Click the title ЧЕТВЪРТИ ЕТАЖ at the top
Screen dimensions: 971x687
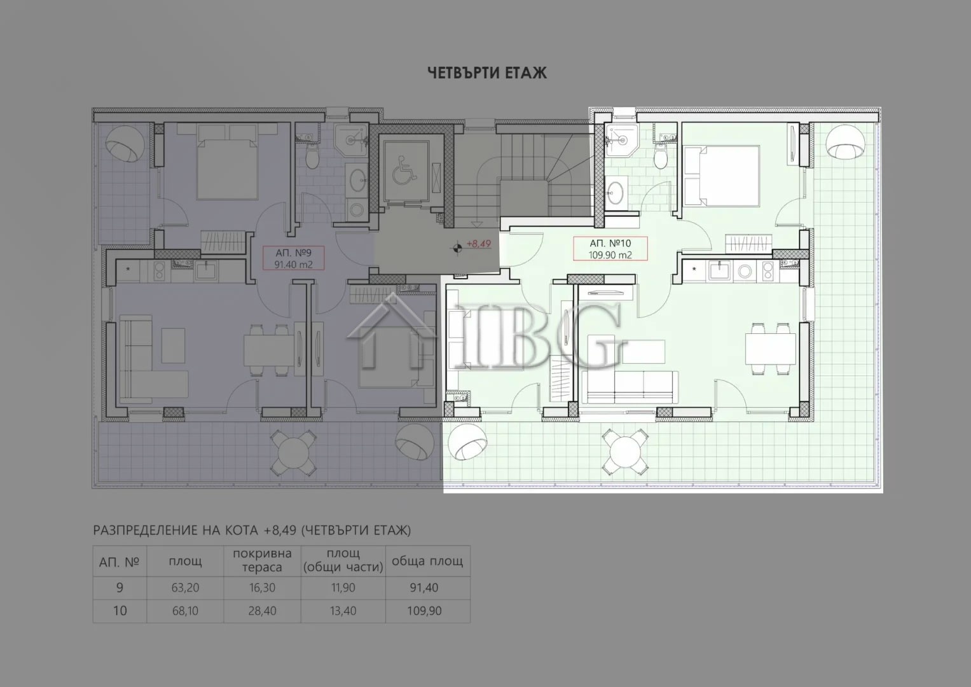pyautogui.click(x=487, y=73)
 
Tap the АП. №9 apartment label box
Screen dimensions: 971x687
pyautogui.click(x=294, y=258)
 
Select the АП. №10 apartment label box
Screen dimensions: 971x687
pyautogui.click(x=610, y=249)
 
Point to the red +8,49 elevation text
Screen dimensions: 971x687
pyautogui.click(x=479, y=244)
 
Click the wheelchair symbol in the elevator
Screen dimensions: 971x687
pyautogui.click(x=404, y=169)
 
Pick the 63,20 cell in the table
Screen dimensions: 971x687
pyautogui.click(x=185, y=588)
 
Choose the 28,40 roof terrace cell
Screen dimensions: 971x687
pyautogui.click(x=262, y=611)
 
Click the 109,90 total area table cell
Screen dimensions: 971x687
pyautogui.click(x=424, y=611)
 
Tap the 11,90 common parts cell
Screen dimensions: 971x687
pyautogui.click(x=343, y=588)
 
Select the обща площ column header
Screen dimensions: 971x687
pyautogui.click(x=427, y=561)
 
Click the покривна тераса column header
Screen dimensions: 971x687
pyautogui.click(x=262, y=560)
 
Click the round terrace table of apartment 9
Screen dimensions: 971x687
pyautogui.click(x=294, y=452)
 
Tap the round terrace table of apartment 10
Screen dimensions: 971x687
pyautogui.click(x=624, y=452)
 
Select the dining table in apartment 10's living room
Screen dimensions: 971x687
pyautogui.click(x=770, y=349)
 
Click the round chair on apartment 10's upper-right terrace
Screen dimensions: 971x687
pyautogui.click(x=845, y=142)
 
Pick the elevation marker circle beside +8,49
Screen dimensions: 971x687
pyautogui.click(x=457, y=248)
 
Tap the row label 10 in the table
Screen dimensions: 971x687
pyautogui.click(x=120, y=611)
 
